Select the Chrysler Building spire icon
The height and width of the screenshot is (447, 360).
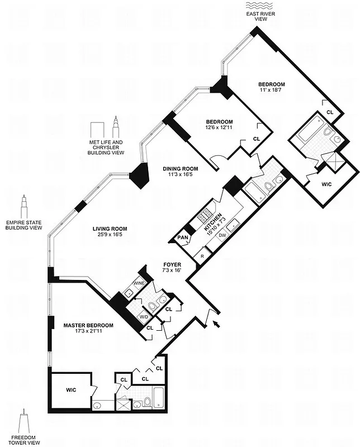(x=116, y=127)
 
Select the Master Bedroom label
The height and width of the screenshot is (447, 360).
(x=88, y=325)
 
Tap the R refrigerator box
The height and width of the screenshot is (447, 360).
(x=202, y=255)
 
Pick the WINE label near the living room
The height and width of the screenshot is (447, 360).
(x=139, y=283)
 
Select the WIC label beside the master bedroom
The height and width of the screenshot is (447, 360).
(x=71, y=389)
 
